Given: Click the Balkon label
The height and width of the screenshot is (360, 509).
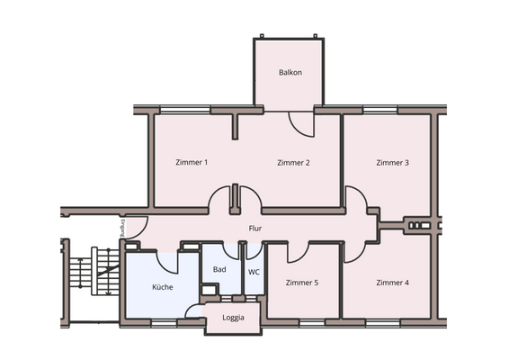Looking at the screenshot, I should (x=290, y=72).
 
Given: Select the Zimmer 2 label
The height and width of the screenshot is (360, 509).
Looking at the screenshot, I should (x=293, y=163).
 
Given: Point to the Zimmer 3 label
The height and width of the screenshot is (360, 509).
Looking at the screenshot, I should (x=393, y=163).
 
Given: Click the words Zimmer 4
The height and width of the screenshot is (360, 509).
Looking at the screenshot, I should (x=393, y=283).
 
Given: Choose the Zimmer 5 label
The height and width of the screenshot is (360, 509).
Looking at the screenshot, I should (x=301, y=283).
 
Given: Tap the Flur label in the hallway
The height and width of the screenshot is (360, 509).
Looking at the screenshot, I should (x=255, y=229).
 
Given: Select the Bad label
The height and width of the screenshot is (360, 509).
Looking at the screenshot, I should (x=219, y=270).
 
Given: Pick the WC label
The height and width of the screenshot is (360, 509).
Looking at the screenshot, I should (x=254, y=270).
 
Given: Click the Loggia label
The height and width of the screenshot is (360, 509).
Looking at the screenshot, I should (x=233, y=318).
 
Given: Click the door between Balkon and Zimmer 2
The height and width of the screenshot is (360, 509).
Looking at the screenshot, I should (x=301, y=124).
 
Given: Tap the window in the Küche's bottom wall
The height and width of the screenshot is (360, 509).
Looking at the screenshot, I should (x=162, y=321).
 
